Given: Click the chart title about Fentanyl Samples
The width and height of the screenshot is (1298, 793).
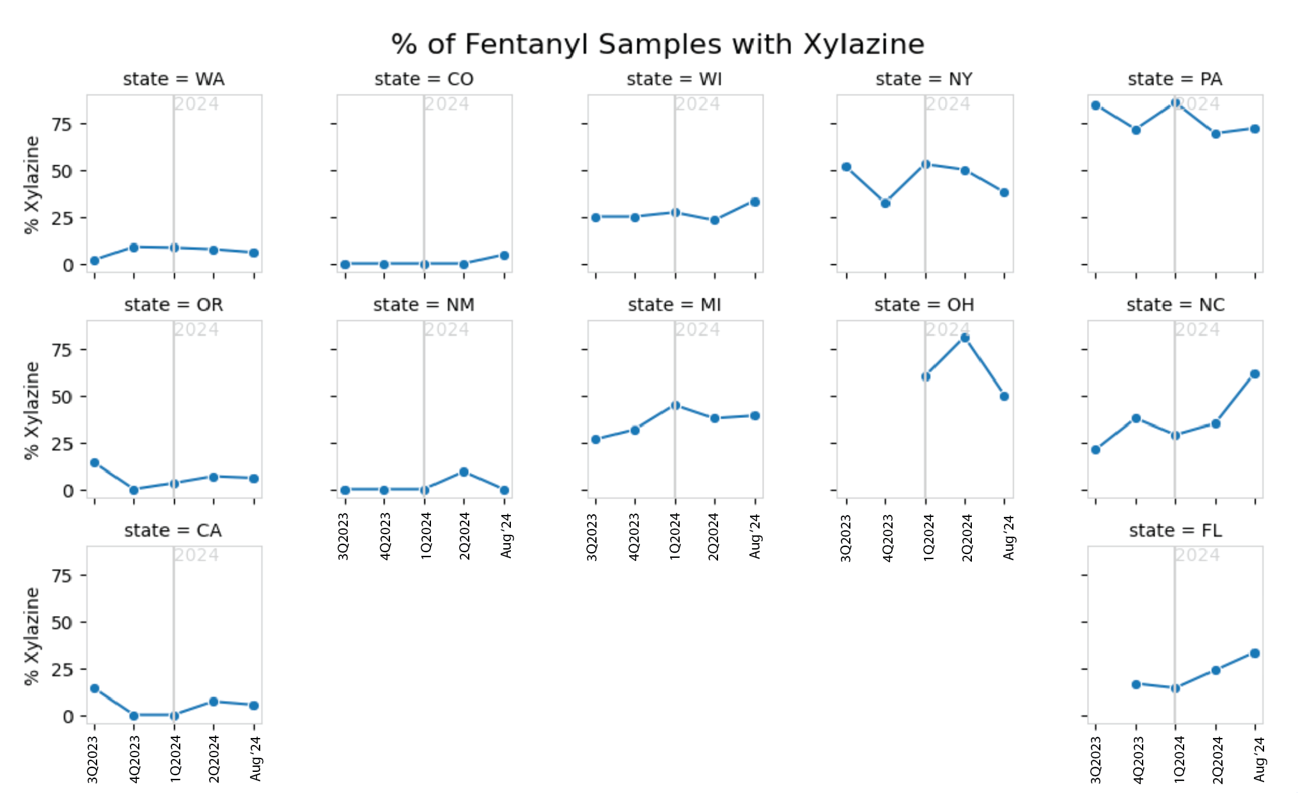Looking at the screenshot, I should [x=657, y=45].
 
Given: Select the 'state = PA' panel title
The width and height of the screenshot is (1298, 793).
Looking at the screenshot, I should [x=1175, y=79].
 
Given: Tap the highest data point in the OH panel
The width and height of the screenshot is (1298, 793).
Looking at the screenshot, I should [x=965, y=338].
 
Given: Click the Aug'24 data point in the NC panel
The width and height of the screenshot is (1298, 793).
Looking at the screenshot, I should [x=1255, y=374].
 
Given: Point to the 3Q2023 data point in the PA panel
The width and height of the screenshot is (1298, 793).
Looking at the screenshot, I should [x=1096, y=105].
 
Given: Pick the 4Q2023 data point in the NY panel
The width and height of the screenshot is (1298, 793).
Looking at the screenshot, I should [x=886, y=203].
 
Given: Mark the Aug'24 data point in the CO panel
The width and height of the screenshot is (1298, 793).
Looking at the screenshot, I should [x=504, y=256].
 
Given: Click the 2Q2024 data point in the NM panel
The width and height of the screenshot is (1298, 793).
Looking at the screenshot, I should [x=464, y=472].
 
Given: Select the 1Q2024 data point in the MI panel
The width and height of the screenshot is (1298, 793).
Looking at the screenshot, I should [x=675, y=405].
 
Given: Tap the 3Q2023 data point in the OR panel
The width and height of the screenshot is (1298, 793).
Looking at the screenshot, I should [x=95, y=463].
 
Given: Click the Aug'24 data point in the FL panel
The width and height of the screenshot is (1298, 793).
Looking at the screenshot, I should [x=1255, y=653].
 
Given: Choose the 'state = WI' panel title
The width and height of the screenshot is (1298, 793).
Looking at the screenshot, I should [x=674, y=79].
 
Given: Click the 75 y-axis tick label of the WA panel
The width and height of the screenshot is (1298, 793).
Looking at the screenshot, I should [x=63, y=124].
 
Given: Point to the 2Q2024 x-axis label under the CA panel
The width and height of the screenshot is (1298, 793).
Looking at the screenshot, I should [x=214, y=758].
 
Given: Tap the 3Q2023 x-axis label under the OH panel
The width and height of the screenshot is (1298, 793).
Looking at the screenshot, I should [x=846, y=538].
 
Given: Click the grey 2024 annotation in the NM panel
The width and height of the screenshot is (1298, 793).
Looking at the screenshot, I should [x=447, y=330].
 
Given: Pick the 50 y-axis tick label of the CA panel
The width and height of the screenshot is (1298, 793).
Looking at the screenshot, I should [x=63, y=622].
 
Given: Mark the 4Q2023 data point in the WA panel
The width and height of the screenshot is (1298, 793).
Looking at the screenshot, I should [x=134, y=247].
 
